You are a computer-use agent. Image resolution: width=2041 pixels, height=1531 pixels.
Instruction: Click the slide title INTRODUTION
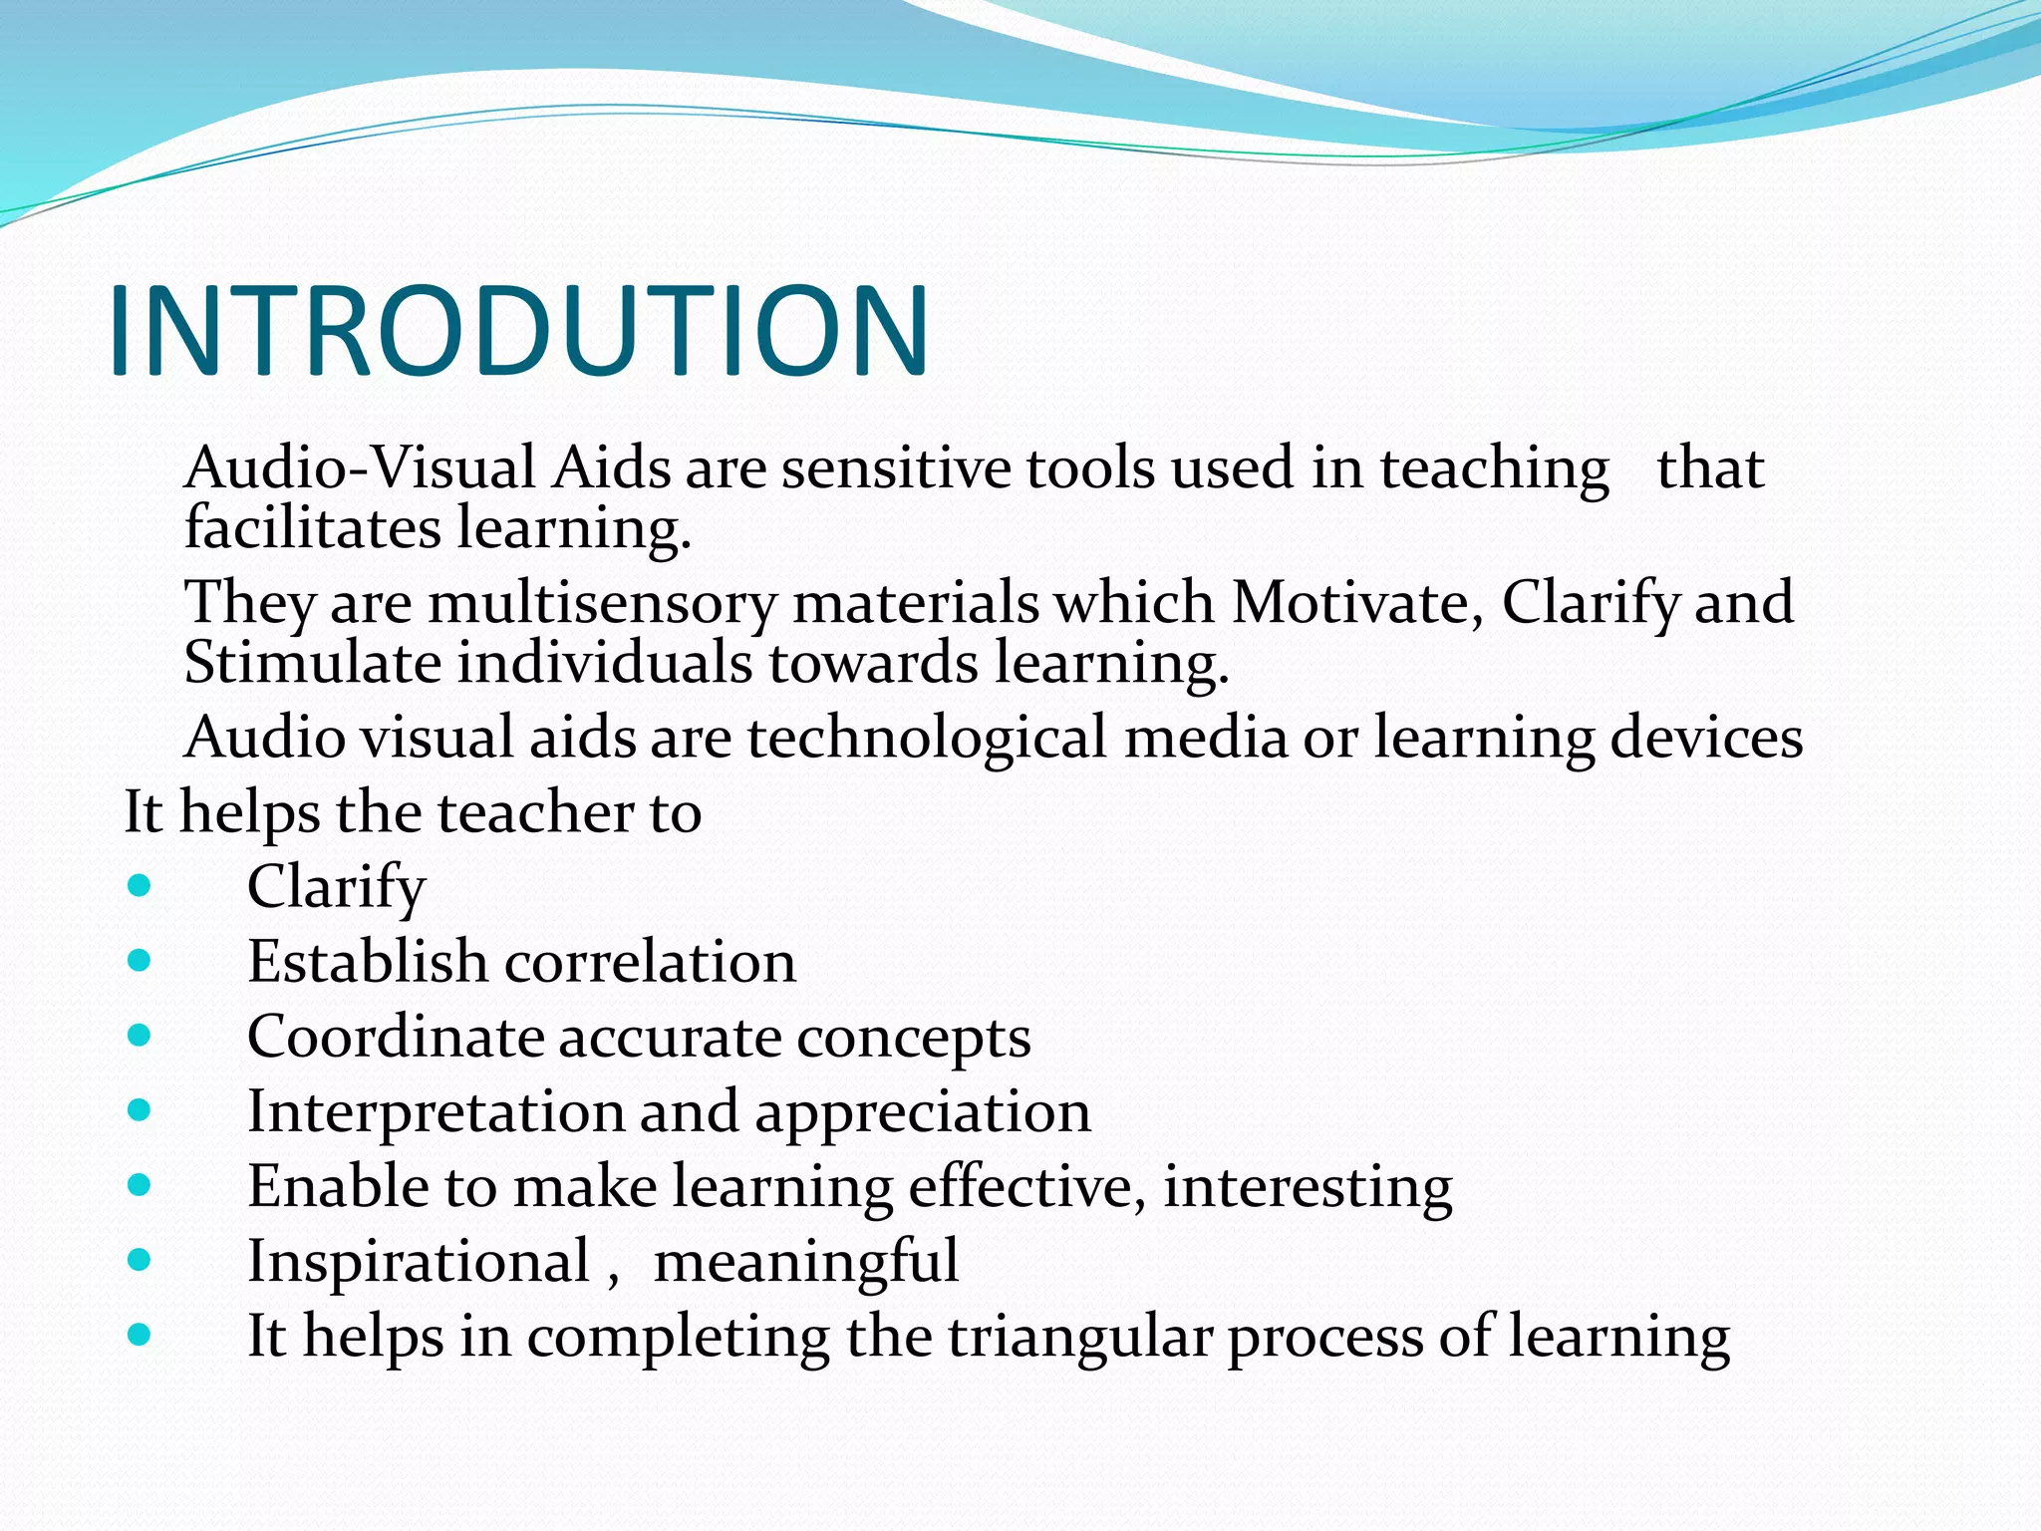pos(518,332)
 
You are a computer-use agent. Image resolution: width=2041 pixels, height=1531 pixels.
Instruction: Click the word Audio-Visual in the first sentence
pos(361,468)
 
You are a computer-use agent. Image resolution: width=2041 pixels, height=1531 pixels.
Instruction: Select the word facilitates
pos(312,528)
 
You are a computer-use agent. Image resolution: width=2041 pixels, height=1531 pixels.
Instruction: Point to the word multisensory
pos(602,604)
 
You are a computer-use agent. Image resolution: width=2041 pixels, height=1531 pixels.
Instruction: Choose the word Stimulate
pos(312,663)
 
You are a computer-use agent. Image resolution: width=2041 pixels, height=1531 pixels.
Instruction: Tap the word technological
pos(927,739)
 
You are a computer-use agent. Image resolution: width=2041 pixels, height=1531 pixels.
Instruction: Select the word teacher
pos(535,813)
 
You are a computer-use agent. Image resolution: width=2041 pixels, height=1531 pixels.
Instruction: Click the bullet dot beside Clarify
pos(140,885)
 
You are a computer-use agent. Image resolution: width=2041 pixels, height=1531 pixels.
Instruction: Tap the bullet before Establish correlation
pos(140,960)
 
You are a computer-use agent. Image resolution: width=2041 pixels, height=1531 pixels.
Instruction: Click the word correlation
pos(650,963)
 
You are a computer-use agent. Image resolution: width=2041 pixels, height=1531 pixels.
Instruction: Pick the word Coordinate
pos(395,1038)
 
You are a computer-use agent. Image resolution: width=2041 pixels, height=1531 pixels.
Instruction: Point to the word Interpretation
pos(436,1113)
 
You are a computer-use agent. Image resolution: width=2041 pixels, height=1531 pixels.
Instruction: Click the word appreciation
pos(923,1113)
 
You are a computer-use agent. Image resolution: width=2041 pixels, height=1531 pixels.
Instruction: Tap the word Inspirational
pos(419,1262)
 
